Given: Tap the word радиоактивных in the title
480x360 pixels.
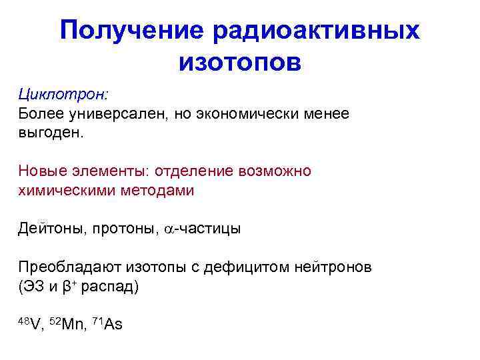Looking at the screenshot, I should click(x=317, y=30).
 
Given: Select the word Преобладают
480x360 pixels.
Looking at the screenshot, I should click(x=65, y=267).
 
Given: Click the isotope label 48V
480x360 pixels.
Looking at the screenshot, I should click(x=31, y=325).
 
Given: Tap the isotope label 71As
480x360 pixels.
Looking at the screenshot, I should click(x=108, y=325).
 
